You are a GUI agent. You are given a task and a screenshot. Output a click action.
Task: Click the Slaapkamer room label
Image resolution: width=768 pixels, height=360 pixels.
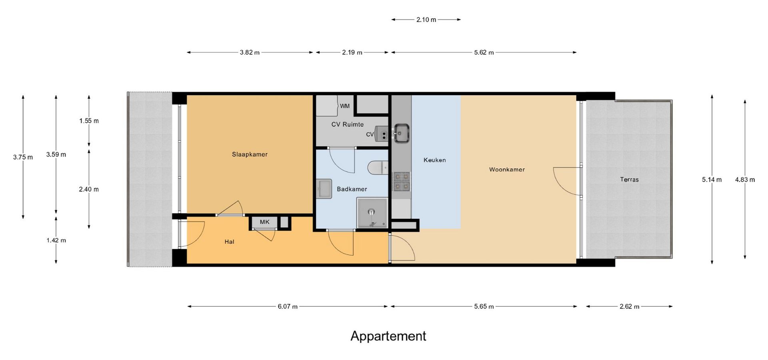pos(250,154)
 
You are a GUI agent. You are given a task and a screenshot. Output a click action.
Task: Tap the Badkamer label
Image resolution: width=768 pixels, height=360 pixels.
pos(352,189)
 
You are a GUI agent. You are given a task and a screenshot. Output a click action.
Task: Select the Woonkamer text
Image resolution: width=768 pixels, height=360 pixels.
pos(507,170)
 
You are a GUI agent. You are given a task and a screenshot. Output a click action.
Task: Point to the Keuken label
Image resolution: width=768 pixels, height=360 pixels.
pos(434,160)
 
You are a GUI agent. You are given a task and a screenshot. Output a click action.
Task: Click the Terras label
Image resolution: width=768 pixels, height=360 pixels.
pos(629,180)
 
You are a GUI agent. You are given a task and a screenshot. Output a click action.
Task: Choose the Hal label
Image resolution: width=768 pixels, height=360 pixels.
pos(229,242)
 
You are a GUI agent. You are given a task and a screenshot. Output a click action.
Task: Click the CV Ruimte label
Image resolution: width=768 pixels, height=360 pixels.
pos(347,124)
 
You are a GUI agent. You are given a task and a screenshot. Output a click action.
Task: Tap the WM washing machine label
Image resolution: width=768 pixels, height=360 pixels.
pos(345,106)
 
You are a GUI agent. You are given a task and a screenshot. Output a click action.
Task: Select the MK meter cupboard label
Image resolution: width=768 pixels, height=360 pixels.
pos(264,222)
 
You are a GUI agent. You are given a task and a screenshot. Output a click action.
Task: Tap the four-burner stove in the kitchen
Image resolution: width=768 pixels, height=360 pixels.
pos(402,181)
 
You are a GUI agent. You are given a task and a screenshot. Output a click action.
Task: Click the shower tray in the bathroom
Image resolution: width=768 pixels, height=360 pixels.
pos(372,213)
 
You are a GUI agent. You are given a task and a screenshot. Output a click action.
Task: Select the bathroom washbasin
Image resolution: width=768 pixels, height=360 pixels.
pos(324,189)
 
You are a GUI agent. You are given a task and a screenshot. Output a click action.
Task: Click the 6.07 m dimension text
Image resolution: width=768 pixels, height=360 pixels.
pos(288,306)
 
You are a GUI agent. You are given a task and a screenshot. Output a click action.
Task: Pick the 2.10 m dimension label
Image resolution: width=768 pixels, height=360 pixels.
pos(426,20)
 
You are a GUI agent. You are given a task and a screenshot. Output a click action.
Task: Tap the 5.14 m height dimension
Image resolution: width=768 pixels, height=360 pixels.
pos(712,180)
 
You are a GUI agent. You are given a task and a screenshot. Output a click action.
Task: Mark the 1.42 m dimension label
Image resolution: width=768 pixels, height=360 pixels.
pos(56,240)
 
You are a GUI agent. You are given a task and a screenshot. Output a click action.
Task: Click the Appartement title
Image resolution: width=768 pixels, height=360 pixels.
pos(388,336)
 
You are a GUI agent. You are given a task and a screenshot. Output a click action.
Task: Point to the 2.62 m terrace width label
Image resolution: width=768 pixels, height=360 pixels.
pos(629,306)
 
